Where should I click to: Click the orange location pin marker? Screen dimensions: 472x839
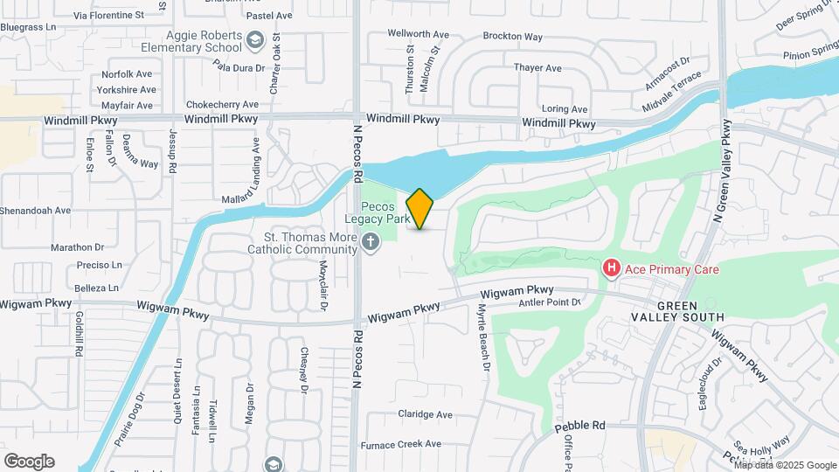point(420,209)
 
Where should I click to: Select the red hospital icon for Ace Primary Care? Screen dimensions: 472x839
point(612,267)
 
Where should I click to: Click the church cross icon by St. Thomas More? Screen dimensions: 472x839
point(371,243)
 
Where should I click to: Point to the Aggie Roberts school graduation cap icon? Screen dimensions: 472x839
point(254,39)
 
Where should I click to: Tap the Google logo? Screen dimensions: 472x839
point(29,462)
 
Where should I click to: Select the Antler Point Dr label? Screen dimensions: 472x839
point(550,302)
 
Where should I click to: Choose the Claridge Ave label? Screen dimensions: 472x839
point(425,414)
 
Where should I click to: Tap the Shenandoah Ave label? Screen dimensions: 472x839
point(35,211)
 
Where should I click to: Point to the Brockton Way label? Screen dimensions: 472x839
point(512,38)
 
